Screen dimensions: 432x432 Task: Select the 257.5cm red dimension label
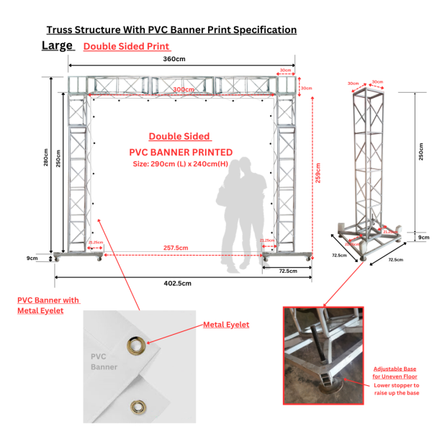pyautogui.click(x=176, y=248)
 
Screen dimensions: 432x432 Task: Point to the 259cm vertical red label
pyautogui.click(x=318, y=174)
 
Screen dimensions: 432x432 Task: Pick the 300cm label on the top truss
pyautogui.click(x=184, y=89)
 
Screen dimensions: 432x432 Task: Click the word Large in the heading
pyautogui.click(x=58, y=45)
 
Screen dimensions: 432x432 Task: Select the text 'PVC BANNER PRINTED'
pyautogui.click(x=181, y=152)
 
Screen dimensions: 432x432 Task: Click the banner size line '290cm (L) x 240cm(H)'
pyautogui.click(x=181, y=163)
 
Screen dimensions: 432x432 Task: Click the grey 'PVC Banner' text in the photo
pyautogui.click(x=104, y=361)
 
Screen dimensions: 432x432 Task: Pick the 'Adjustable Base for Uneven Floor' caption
pyautogui.click(x=395, y=372)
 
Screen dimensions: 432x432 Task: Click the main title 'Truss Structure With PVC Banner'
pyautogui.click(x=171, y=30)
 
